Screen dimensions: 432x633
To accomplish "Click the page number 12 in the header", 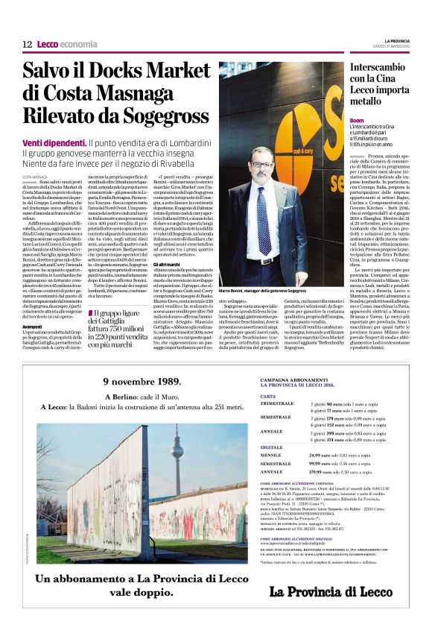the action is (x=27, y=45).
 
